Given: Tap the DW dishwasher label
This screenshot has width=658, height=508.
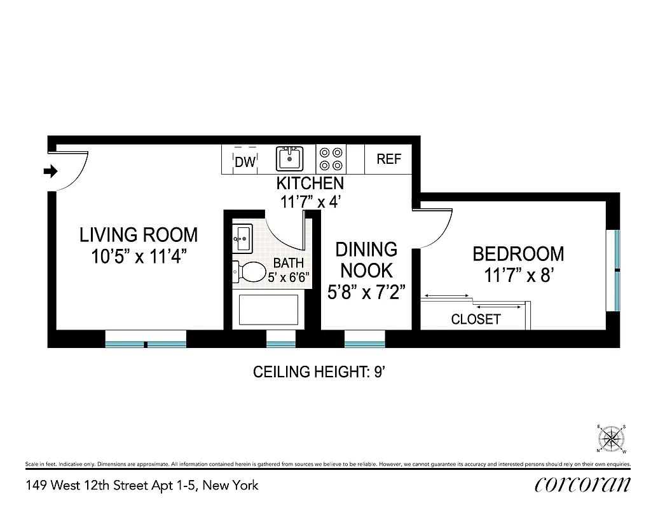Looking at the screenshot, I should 245,162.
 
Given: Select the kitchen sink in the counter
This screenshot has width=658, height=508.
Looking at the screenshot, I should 289,159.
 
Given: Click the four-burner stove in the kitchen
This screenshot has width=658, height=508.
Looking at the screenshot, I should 331,159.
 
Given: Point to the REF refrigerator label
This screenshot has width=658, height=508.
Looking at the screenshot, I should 389,159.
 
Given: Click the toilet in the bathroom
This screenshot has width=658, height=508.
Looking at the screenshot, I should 250,272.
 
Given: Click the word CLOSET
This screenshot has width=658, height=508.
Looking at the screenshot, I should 476,319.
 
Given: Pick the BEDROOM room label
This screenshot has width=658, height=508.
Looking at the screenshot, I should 518,254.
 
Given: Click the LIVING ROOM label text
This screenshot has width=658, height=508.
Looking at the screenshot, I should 139,235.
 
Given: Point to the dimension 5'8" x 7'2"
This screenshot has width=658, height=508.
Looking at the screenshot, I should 366,292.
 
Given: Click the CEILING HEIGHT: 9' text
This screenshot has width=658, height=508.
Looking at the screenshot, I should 320,372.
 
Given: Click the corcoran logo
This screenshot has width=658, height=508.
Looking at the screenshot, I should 583,485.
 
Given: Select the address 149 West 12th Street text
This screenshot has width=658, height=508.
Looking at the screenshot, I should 142,486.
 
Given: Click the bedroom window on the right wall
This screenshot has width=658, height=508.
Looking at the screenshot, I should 617,270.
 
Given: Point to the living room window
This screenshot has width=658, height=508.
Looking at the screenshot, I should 146,344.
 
